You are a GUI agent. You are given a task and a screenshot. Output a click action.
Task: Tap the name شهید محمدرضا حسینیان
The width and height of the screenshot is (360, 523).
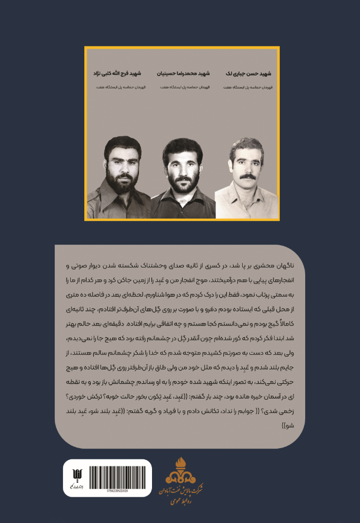point(180,74)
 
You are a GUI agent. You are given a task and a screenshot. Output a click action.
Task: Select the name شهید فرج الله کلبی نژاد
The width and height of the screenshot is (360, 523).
point(117,74)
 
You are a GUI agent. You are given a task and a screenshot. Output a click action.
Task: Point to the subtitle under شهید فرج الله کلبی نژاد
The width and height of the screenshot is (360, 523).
point(117,87)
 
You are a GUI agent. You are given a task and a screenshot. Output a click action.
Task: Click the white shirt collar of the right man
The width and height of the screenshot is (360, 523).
point(245,188)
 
